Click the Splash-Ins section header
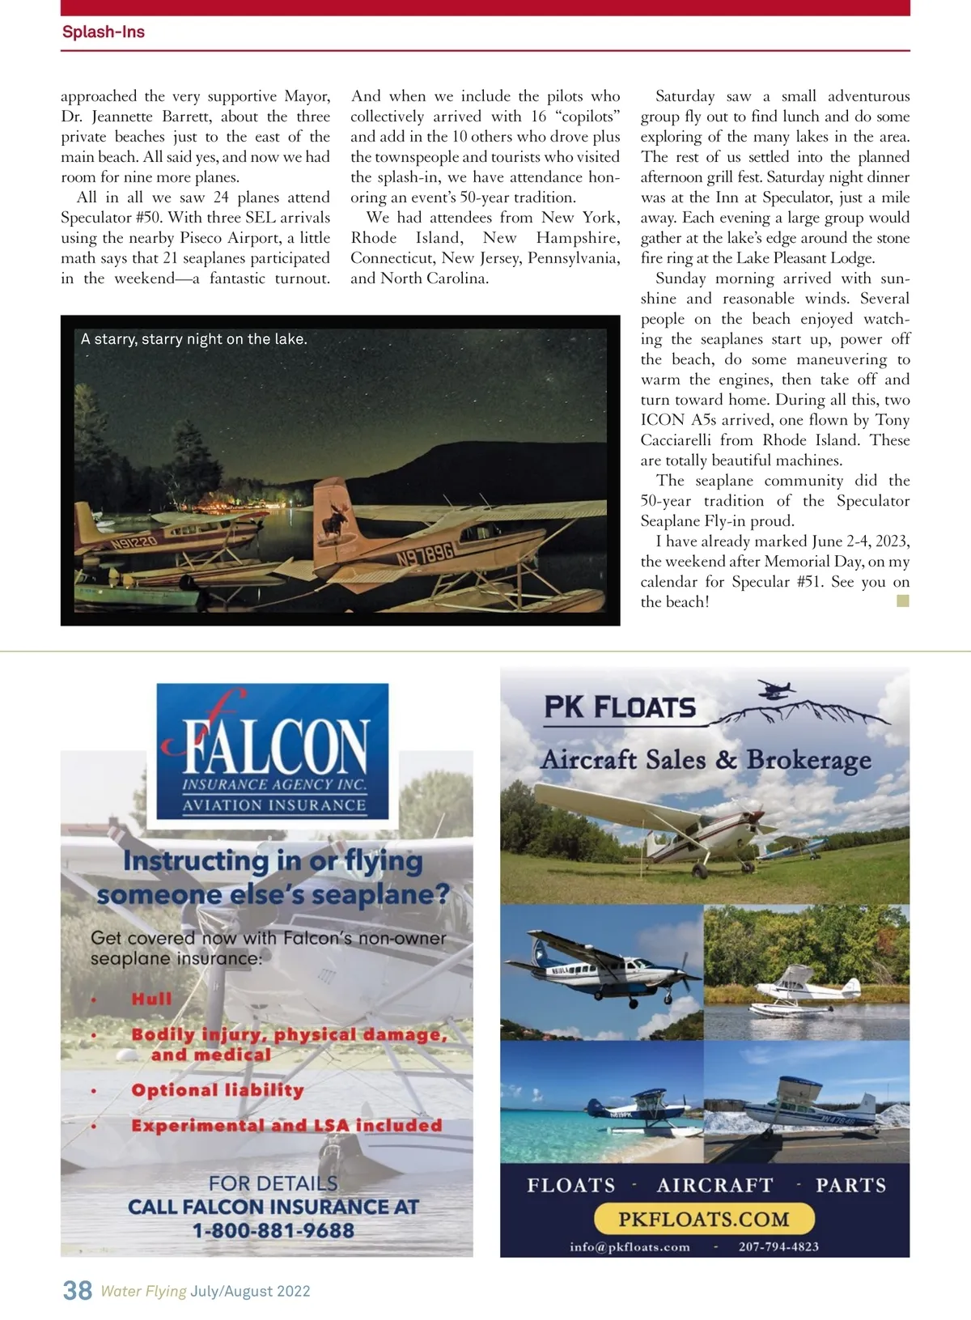coord(104,32)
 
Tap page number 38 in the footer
coord(78,1289)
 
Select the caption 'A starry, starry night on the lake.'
coord(194,339)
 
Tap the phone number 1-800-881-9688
coord(273,1230)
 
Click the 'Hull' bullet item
coord(152,999)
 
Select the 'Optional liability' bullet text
coord(218,1090)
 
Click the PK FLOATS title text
coord(620,707)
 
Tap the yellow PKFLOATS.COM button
coord(703,1219)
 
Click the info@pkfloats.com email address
coord(630,1246)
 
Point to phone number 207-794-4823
coord(778,1246)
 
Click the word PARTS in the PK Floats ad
coord(850,1185)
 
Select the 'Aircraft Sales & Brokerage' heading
coord(706,760)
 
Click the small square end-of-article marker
coord(903,601)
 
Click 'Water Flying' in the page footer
coord(143,1291)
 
